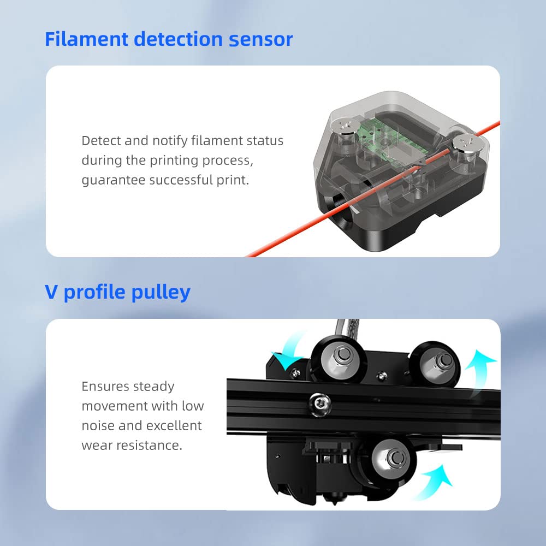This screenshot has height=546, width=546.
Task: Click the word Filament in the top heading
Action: click(x=87, y=39)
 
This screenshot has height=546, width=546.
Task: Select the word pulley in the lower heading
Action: click(x=161, y=293)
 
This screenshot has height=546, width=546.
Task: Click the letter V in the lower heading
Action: click(x=51, y=292)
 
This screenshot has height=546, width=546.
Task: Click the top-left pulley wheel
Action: click(x=339, y=359)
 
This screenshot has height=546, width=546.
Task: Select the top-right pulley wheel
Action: click(x=435, y=364)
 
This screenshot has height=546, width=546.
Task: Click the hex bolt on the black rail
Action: click(x=319, y=404)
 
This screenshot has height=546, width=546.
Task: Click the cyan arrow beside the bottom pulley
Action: click(x=434, y=482)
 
